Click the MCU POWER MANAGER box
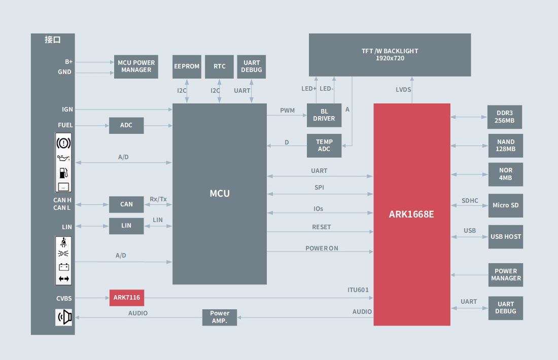click(x=136, y=66)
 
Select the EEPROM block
click(x=187, y=66)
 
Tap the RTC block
click(x=219, y=66)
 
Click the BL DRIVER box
click(x=324, y=115)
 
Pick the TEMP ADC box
click(x=324, y=146)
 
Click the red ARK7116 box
click(x=127, y=298)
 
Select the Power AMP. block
click(x=220, y=317)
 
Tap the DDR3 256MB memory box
click(x=505, y=117)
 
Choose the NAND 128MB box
click(x=505, y=146)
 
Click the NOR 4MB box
click(x=505, y=174)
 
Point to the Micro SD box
click(x=505, y=205)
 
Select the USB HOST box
click(x=505, y=237)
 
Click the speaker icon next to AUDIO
click(x=64, y=317)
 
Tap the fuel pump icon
click(x=63, y=173)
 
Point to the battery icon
click(x=63, y=267)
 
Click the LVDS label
click(x=403, y=90)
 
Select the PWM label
click(x=287, y=111)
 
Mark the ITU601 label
click(x=358, y=290)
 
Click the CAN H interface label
click(x=62, y=200)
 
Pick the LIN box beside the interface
click(x=126, y=226)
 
